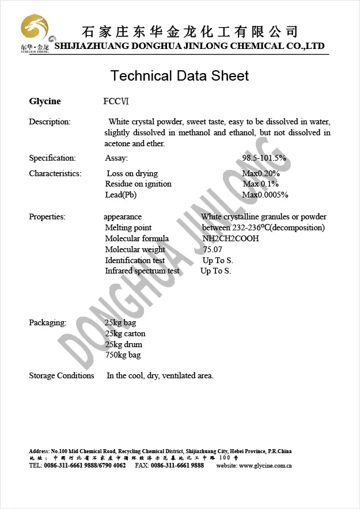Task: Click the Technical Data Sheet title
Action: point(180,76)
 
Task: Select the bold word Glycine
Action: point(45,102)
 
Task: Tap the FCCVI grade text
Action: point(116,102)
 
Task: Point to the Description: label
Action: point(50,122)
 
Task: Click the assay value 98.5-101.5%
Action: point(264,158)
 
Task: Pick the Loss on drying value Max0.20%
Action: point(261,174)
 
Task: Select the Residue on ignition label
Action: point(138,184)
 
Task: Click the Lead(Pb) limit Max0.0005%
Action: point(265,195)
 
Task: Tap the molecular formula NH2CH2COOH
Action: point(230,238)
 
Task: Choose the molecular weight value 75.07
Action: point(213,249)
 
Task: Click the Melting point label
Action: point(128,228)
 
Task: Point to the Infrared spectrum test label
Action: point(142,271)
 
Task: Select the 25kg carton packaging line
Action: point(125,334)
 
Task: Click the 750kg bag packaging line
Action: point(123,355)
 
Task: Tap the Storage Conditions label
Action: point(62,376)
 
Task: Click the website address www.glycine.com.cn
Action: point(265,465)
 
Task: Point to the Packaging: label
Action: point(47,323)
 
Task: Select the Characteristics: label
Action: point(55,174)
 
